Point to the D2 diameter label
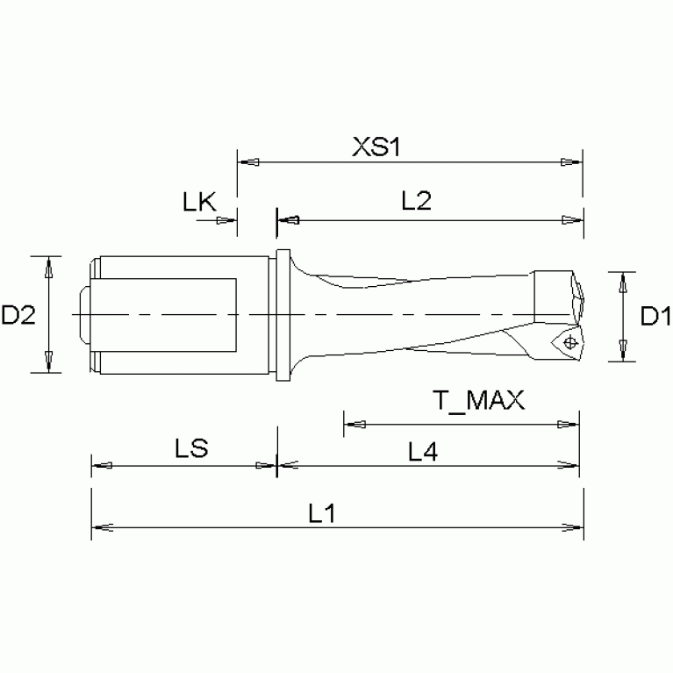(18, 315)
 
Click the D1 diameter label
(655, 315)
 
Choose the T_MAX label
(478, 401)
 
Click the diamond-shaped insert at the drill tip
(566, 341)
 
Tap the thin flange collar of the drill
(283, 315)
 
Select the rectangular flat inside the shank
(167, 313)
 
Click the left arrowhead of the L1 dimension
(100, 527)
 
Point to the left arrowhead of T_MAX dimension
(353, 426)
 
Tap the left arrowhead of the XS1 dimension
(248, 162)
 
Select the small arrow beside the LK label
(227, 220)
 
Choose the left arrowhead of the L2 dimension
(288, 220)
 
